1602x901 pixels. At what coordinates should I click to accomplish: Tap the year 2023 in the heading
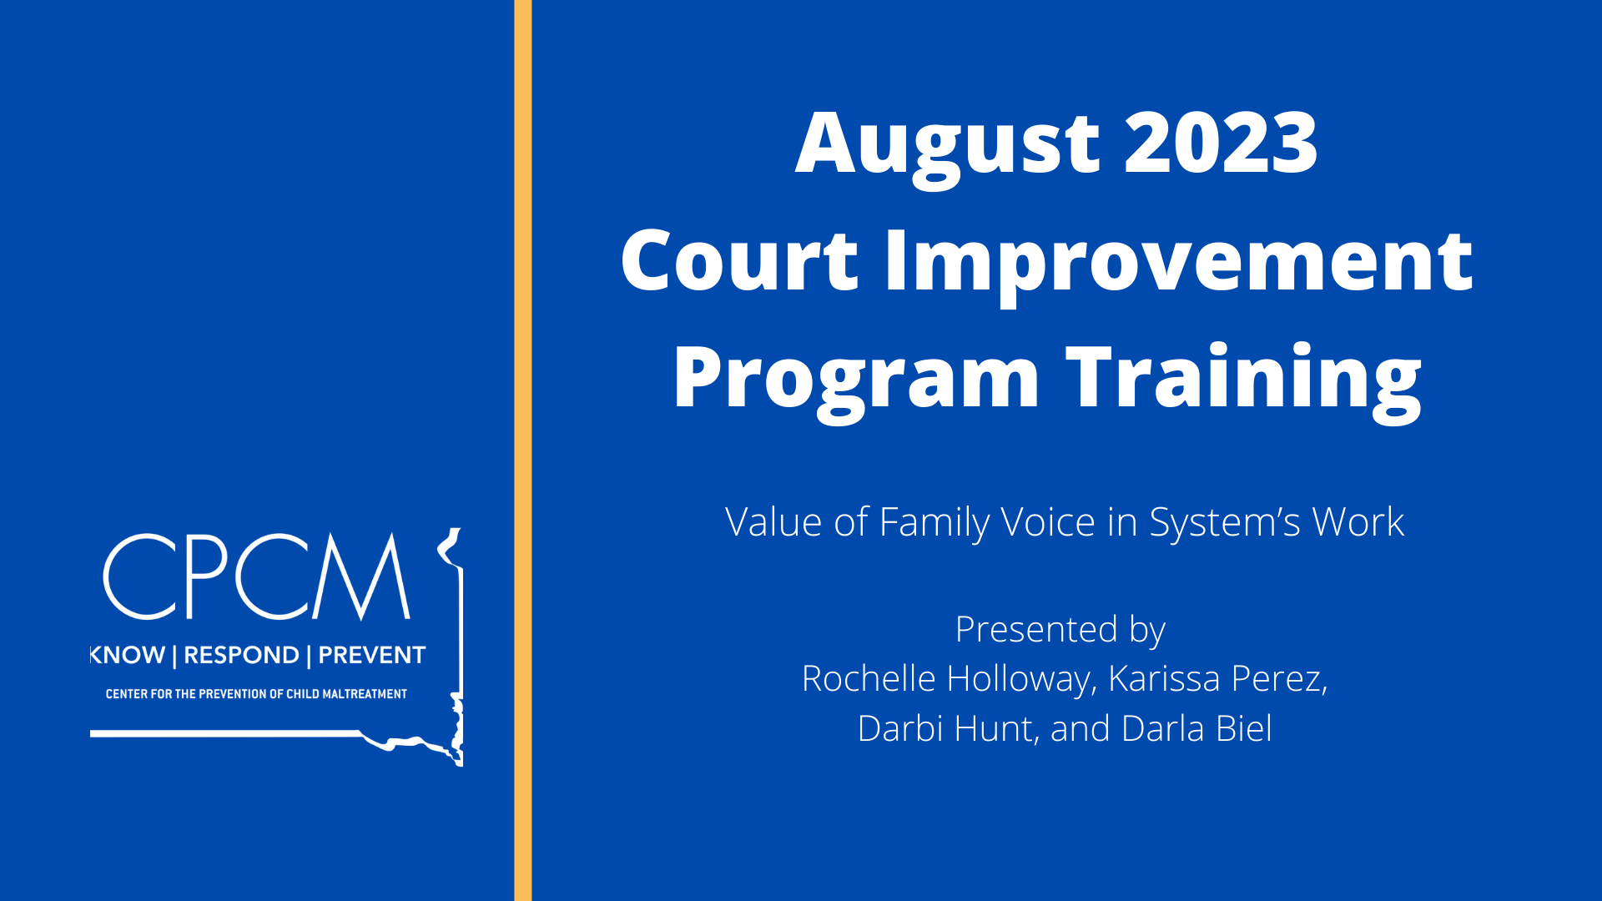(x=1222, y=143)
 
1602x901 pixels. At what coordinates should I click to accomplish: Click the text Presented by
(x=1060, y=631)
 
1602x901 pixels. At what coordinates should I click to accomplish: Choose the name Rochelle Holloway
(x=945, y=680)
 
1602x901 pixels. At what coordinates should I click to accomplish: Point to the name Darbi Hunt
(x=945, y=728)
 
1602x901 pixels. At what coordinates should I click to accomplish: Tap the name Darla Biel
(x=1196, y=728)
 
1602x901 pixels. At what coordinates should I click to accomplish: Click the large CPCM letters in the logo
(x=257, y=576)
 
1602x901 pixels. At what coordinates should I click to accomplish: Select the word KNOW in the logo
(x=127, y=655)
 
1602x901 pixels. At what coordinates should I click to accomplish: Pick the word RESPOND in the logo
(x=241, y=655)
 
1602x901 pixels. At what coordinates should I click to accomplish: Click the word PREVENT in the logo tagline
(x=372, y=655)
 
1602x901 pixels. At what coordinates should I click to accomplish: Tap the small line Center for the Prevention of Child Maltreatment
(x=256, y=694)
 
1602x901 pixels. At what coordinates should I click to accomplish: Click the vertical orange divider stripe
(x=522, y=450)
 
